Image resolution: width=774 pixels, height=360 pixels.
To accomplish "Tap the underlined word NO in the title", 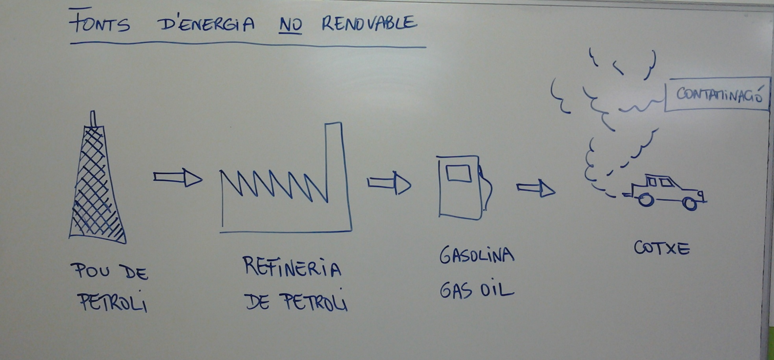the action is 290,25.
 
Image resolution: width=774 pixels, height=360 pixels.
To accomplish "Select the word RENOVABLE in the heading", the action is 369,24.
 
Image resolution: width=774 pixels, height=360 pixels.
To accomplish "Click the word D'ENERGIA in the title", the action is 206,24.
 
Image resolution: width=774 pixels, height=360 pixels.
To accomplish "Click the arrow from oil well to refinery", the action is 178,178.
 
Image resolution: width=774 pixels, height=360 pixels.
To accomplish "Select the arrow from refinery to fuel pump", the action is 389,183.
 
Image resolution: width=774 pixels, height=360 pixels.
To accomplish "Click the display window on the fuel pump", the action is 458,174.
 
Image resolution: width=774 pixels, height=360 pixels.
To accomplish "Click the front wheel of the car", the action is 689,203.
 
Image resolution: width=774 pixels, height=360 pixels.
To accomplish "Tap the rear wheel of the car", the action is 645,200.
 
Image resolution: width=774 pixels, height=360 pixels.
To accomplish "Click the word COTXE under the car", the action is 662,248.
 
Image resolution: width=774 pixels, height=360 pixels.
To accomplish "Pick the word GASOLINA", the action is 477,255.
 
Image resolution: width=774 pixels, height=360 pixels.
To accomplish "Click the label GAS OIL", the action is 477,291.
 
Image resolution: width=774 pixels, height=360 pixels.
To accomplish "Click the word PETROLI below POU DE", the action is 113,302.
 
